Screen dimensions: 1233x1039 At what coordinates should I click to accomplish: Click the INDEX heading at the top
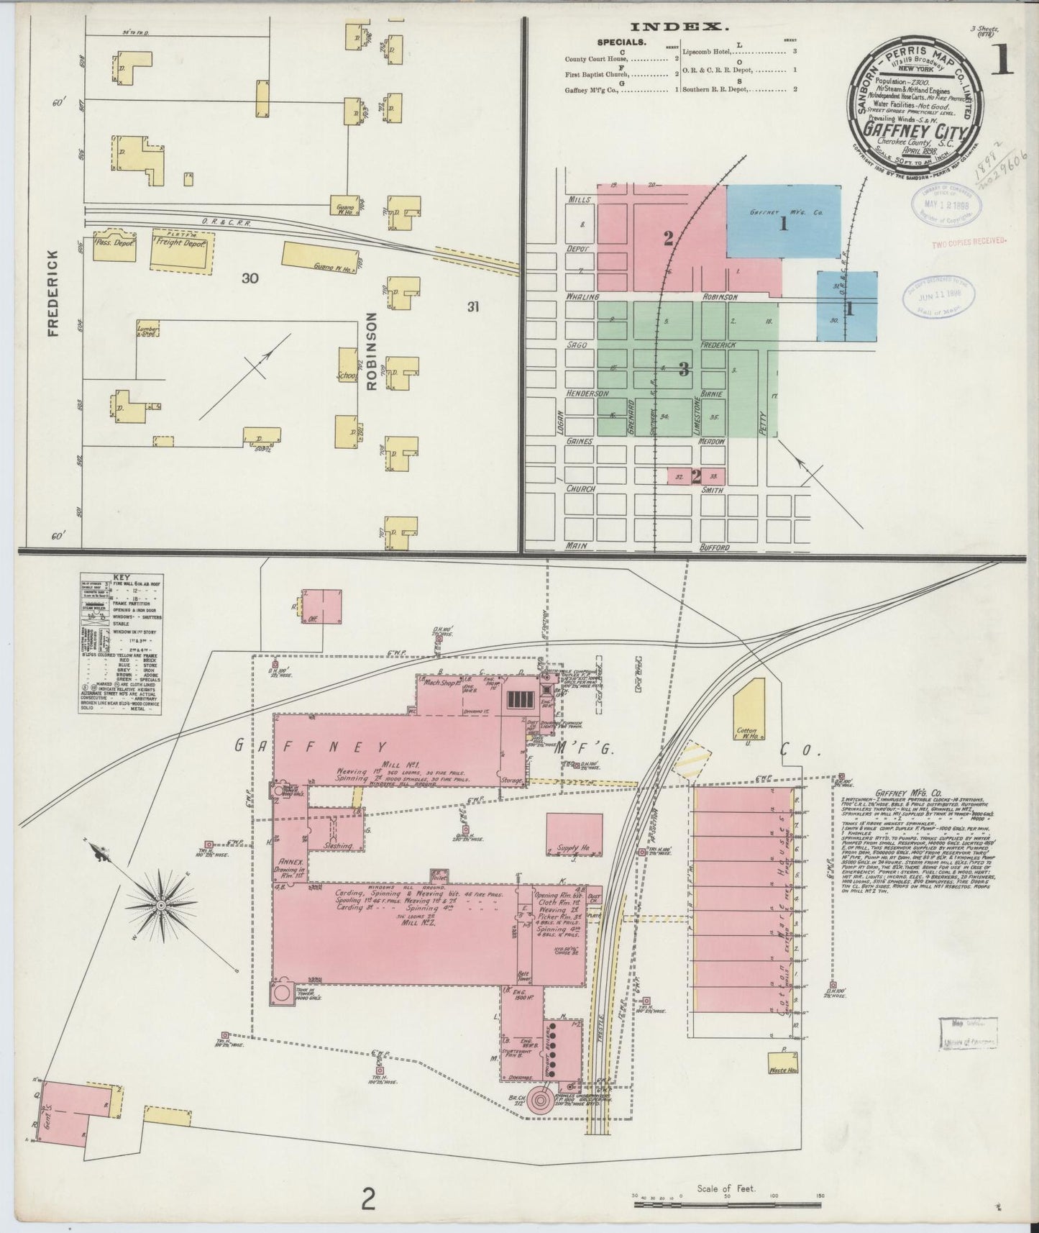pyautogui.click(x=681, y=28)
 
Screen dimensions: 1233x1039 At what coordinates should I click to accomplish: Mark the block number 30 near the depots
pyautogui.click(x=250, y=278)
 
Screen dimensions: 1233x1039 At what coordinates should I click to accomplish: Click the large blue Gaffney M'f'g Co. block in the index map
pyautogui.click(x=783, y=221)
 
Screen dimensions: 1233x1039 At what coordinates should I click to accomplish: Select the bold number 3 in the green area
pyautogui.click(x=684, y=370)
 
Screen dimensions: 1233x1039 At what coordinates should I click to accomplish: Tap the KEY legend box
pyautogui.click(x=117, y=642)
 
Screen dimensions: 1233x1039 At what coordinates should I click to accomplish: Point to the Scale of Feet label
pyautogui.click(x=726, y=1188)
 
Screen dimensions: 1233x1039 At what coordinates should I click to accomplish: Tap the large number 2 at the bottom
pyautogui.click(x=368, y=1199)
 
